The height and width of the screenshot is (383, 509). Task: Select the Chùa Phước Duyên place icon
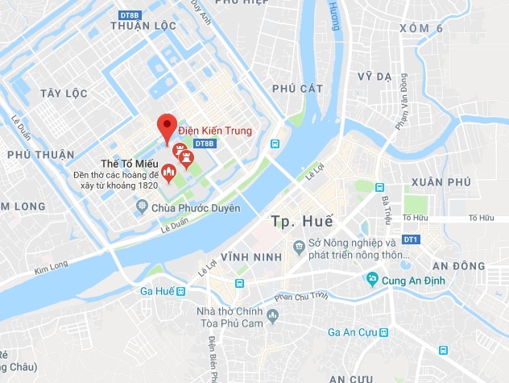pos(142,207)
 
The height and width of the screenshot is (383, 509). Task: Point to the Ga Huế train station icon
pos(182,291)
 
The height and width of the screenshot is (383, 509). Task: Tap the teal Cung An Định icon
pos(372,279)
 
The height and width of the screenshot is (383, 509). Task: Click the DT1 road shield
pos(411,239)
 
